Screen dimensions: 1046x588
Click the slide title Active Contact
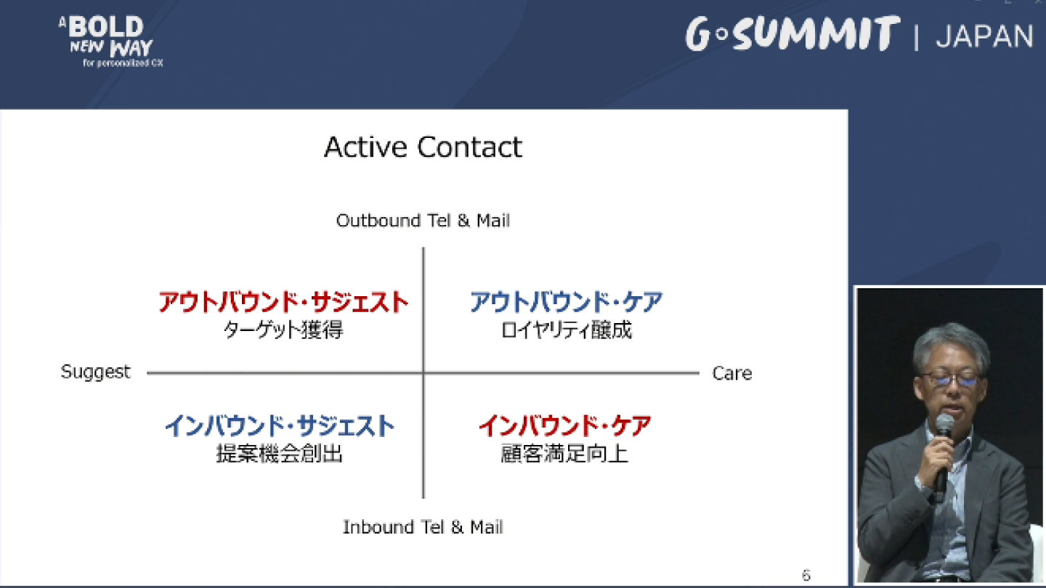(x=423, y=147)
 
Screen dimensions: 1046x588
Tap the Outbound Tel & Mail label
(x=423, y=221)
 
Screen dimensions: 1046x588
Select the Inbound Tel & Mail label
(x=423, y=527)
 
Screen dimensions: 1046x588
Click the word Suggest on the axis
(x=96, y=372)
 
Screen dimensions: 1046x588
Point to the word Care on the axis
(x=731, y=373)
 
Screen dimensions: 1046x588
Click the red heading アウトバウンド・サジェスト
(x=283, y=301)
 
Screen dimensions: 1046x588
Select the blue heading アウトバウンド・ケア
(x=566, y=301)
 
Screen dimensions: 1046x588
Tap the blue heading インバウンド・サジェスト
(x=280, y=425)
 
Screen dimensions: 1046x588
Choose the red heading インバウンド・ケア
(x=565, y=425)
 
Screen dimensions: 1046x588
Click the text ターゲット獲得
(x=283, y=330)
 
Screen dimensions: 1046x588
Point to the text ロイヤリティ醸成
(x=566, y=330)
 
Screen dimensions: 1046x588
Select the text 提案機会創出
(x=279, y=453)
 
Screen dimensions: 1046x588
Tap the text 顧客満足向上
(x=564, y=453)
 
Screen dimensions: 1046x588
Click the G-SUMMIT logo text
(x=792, y=33)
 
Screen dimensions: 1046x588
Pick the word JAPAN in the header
(x=984, y=36)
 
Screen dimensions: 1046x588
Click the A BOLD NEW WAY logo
(x=111, y=41)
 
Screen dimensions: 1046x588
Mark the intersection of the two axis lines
(x=423, y=373)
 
